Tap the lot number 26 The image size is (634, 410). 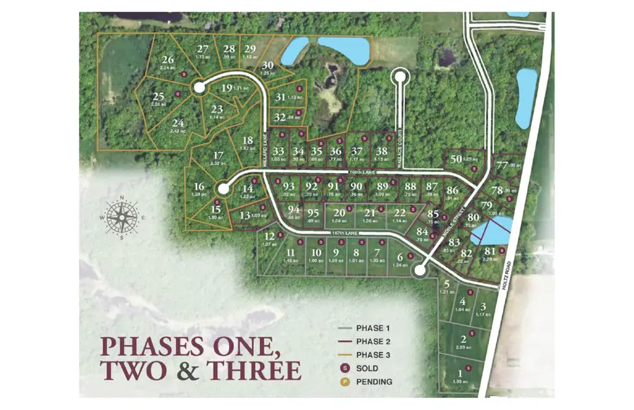point(168,60)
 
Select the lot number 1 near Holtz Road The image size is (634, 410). point(461,374)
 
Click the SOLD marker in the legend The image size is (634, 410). point(346,368)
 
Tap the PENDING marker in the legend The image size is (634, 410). point(346,382)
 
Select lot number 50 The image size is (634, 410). point(456,159)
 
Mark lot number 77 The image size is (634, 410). point(502,166)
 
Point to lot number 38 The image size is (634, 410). point(381,151)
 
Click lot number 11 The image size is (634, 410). point(290,252)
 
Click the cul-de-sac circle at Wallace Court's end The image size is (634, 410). point(400,74)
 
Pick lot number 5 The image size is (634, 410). point(447,284)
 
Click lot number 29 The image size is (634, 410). point(249,49)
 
